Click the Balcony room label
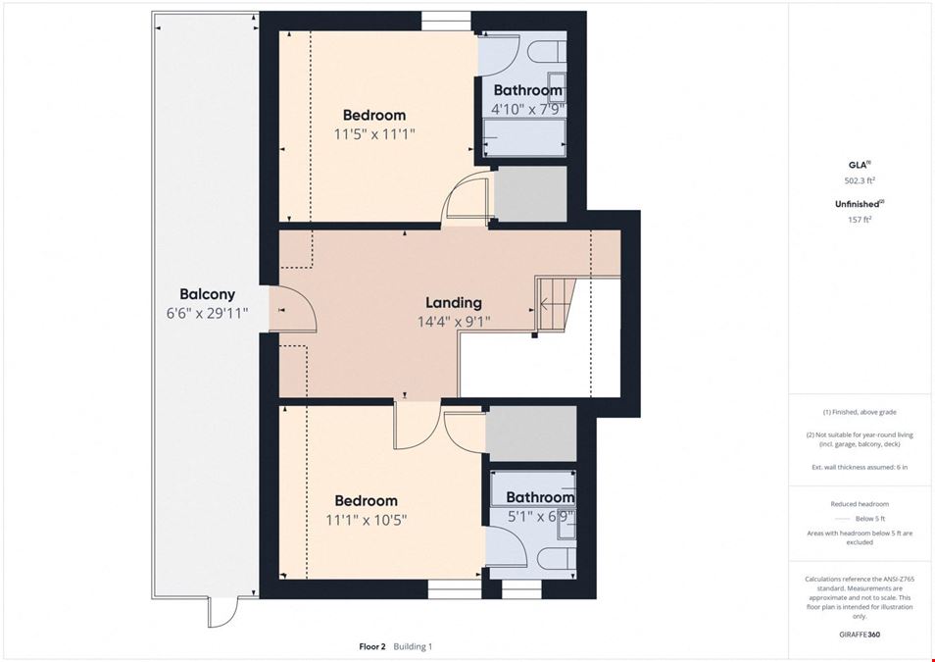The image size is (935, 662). [208, 293]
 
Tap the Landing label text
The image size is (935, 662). [453, 303]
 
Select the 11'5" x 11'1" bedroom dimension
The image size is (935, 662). [373, 134]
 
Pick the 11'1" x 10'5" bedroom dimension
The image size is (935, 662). [367, 520]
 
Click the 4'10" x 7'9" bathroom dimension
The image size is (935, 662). [527, 110]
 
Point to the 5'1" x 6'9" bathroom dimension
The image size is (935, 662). [540, 516]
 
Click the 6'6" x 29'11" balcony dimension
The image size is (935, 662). [207, 313]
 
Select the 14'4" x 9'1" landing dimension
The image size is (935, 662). [454, 323]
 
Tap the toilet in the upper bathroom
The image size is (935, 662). [547, 51]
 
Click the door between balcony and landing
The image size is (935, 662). [293, 309]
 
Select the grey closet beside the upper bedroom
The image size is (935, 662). [530, 194]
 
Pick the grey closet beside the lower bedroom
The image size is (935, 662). [530, 433]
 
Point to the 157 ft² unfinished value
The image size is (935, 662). [859, 220]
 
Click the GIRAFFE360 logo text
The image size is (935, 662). [860, 635]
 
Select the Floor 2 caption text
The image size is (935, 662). [372, 646]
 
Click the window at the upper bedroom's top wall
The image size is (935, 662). [447, 21]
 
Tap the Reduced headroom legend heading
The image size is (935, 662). [860, 504]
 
